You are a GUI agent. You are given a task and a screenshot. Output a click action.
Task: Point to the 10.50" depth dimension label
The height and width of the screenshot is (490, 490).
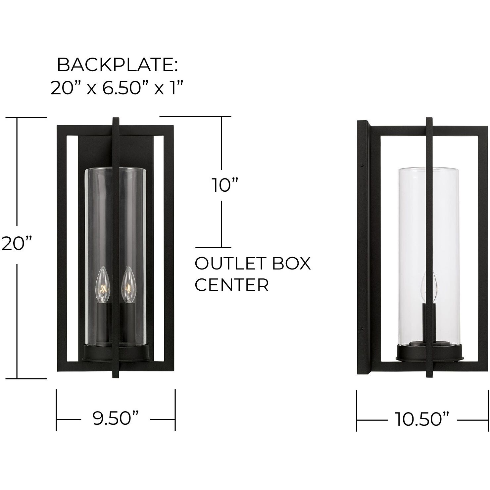(x=422, y=420)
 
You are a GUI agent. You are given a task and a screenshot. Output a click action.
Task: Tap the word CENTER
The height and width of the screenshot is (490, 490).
(x=231, y=285)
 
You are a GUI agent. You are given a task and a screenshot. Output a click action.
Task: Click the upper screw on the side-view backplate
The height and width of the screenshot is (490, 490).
(x=363, y=164)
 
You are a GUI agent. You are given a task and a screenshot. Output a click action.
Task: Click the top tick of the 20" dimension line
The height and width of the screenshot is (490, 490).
(x=31, y=118)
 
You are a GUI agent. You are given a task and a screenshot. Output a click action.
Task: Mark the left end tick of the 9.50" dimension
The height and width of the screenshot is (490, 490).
(x=57, y=410)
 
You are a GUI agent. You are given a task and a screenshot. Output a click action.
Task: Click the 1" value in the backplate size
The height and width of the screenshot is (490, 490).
(x=175, y=88)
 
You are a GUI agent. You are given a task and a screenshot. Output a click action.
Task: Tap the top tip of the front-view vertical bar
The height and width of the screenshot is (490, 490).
(x=116, y=119)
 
